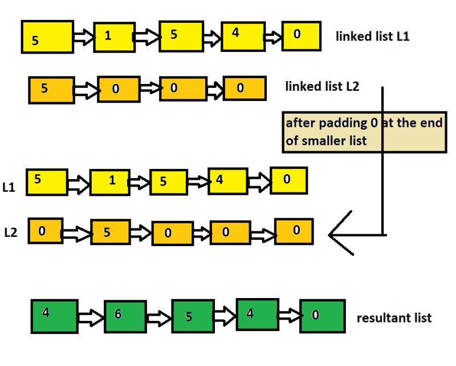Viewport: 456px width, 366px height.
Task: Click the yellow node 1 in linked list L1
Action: point(114,37)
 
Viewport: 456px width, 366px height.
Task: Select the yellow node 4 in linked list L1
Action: point(242,37)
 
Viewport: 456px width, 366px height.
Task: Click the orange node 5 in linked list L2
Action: point(51,90)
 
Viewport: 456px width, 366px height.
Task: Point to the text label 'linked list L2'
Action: point(321,87)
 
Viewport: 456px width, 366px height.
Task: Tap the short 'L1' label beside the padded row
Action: point(9,188)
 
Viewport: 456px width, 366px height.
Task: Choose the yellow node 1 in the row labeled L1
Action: point(109,182)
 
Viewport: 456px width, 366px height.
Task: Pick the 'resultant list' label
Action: point(394,318)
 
